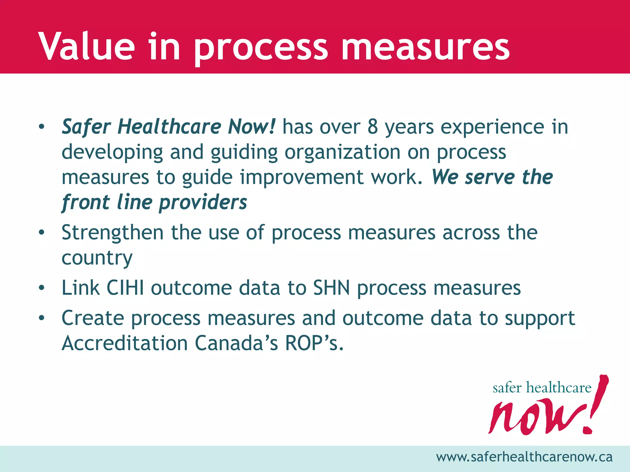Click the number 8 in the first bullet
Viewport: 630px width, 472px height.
pos(373,127)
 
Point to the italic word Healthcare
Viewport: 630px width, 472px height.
pos(169,127)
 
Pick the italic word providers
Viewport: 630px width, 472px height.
pos(203,203)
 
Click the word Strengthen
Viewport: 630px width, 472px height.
pos(113,233)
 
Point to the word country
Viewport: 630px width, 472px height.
pos(97,258)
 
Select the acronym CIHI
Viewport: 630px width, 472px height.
pos(125,288)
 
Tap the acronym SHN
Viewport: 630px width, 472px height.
pos(331,288)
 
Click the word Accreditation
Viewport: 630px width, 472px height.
pos(125,343)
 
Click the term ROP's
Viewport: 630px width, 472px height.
pos(314,343)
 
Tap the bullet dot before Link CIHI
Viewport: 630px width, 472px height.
pos(42,288)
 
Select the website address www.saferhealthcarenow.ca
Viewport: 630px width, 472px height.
pos(524,457)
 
